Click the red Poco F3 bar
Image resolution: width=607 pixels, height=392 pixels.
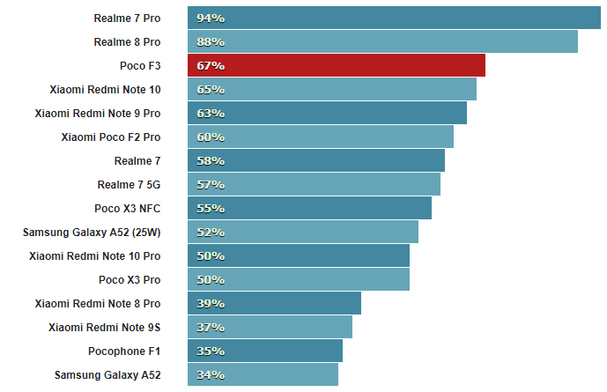[x=337, y=65]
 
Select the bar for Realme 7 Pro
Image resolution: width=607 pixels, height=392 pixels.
[x=394, y=18]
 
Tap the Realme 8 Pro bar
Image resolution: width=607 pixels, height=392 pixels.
[x=382, y=41]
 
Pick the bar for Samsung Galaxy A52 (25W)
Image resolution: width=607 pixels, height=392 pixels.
[x=303, y=232]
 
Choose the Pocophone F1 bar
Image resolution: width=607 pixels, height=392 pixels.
[x=265, y=351]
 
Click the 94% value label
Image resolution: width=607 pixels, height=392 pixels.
[x=211, y=18]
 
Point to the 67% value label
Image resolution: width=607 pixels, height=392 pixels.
[x=211, y=65]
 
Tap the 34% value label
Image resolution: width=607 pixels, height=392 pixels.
[x=211, y=374]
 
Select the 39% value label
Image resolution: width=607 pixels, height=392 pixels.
[x=211, y=303]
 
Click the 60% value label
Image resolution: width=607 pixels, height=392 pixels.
[x=211, y=137]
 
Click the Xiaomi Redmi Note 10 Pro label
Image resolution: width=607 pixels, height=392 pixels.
[x=95, y=255]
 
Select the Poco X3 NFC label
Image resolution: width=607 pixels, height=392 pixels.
[x=128, y=208]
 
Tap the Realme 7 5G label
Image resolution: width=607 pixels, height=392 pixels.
[x=130, y=184]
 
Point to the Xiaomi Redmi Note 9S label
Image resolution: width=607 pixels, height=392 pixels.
[x=105, y=327]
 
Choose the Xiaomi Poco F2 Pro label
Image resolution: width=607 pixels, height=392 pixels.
[x=111, y=137]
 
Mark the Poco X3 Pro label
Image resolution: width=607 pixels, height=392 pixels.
[x=130, y=279]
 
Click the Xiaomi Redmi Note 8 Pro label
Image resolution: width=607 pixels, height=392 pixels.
[x=98, y=303]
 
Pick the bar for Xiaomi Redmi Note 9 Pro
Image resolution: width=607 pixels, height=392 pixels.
[x=327, y=113]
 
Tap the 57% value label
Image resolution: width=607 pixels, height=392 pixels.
[x=211, y=184]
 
